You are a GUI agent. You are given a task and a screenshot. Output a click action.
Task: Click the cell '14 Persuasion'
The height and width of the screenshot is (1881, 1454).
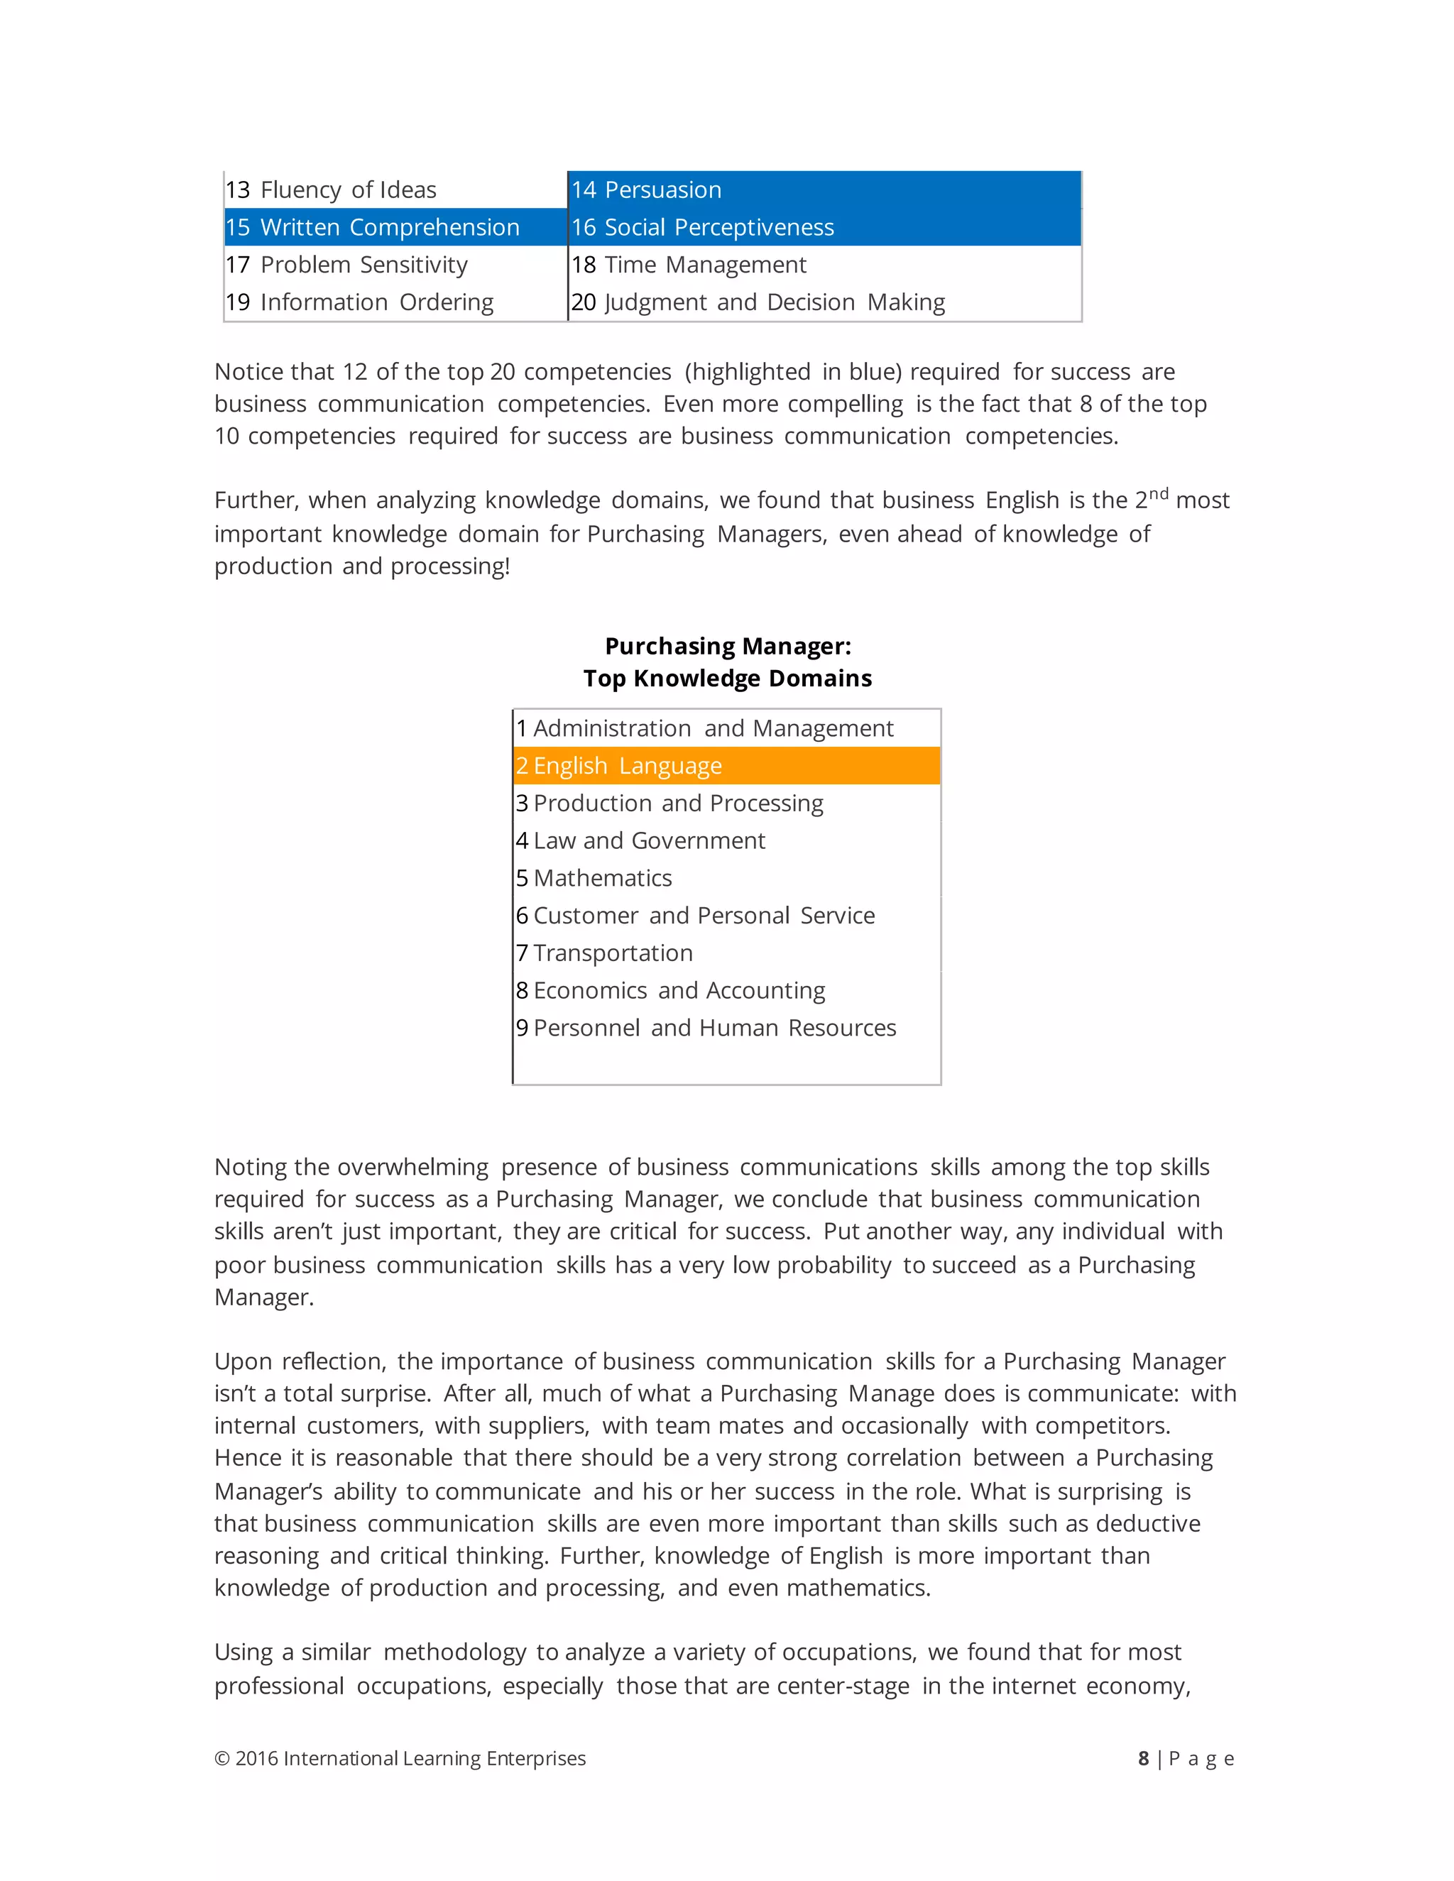pyautogui.click(x=824, y=190)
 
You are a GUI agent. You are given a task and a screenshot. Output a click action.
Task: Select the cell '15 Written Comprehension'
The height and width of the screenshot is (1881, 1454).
pyautogui.click(x=395, y=227)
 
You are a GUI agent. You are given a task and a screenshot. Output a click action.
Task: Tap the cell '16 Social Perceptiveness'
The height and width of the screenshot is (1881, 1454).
pyautogui.click(x=824, y=227)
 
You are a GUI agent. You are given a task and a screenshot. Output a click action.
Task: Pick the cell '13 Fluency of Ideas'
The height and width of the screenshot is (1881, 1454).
pyautogui.click(x=395, y=190)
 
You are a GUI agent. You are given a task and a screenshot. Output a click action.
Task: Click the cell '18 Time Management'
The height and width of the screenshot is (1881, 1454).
pyautogui.click(x=824, y=265)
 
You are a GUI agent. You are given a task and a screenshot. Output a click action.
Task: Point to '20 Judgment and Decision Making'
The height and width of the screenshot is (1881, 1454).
pyautogui.click(x=824, y=302)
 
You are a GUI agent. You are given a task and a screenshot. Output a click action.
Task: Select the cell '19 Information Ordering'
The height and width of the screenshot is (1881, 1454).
pyautogui.click(x=395, y=302)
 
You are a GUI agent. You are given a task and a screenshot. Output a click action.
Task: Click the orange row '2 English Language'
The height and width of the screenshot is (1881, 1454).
pyautogui.click(x=726, y=766)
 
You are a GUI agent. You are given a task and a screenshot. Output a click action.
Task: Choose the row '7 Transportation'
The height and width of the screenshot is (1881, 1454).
pyautogui.click(x=726, y=953)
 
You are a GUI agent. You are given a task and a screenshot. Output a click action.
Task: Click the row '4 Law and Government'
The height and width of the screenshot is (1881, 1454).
pyautogui.click(x=726, y=840)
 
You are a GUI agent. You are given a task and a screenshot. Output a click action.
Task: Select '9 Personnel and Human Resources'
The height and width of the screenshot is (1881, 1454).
pyautogui.click(x=726, y=1029)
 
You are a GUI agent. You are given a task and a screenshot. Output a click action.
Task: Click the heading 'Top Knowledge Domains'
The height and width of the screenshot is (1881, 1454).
pyautogui.click(x=727, y=679)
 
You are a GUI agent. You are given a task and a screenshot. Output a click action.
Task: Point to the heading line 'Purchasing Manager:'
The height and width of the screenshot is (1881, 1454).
pyautogui.click(x=727, y=646)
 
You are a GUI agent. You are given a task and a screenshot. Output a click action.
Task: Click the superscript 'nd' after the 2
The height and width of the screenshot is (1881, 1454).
pyautogui.click(x=1159, y=493)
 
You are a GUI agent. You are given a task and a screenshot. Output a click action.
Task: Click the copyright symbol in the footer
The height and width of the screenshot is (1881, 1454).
pyautogui.click(x=222, y=1759)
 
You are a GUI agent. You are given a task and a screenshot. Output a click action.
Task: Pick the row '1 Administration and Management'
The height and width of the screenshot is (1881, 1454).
pyautogui.click(x=726, y=729)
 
